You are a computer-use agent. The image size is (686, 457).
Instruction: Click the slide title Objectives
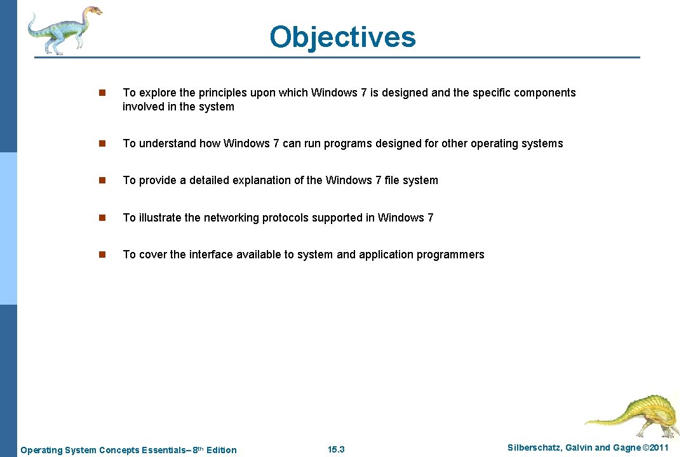click(x=342, y=37)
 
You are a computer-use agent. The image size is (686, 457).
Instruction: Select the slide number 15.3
click(x=336, y=449)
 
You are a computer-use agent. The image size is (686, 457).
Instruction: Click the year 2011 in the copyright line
click(x=657, y=448)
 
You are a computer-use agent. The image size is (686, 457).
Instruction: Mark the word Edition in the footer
click(x=222, y=450)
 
